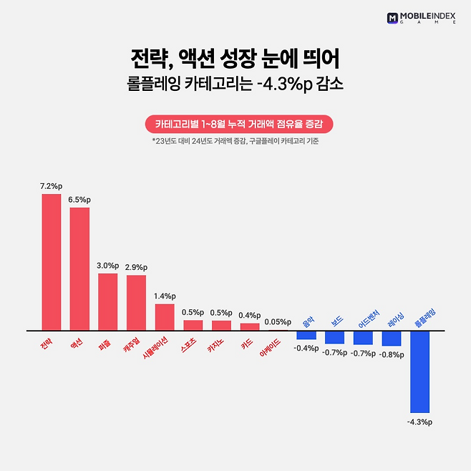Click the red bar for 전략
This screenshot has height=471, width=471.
51,262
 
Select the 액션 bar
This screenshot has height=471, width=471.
79,268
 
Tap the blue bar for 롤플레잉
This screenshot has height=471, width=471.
419,371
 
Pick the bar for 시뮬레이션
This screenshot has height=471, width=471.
165,317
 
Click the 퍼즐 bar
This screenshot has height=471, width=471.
107,301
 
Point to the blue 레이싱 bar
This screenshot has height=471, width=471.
391,338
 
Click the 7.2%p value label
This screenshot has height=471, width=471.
50,186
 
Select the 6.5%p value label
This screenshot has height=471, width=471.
79,200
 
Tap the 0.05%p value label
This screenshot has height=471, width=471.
278,322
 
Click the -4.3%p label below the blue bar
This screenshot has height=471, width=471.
419,422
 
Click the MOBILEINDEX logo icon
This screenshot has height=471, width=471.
392,17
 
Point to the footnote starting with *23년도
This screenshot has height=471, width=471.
235,141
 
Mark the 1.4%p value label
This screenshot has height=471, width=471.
165,296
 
